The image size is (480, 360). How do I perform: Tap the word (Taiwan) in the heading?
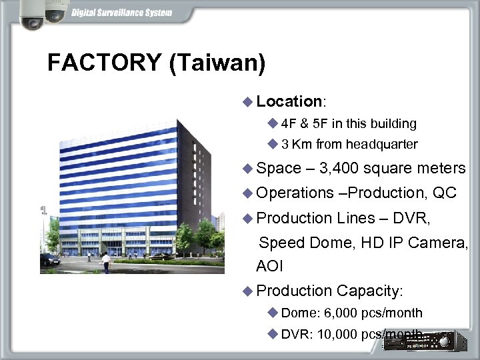[217, 63]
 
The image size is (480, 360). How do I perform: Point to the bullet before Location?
[248, 101]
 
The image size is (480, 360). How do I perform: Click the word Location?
[289, 101]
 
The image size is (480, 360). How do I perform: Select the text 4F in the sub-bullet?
[290, 123]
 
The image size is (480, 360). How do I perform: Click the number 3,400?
[340, 168]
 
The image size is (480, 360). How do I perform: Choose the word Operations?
[294, 193]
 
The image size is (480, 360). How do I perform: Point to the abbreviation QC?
[445, 193]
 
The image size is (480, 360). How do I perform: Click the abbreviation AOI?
[269, 266]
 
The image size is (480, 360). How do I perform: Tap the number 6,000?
[341, 313]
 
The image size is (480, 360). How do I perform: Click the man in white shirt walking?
[105, 262]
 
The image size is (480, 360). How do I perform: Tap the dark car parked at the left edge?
[49, 259]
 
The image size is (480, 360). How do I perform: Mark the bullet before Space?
[248, 168]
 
